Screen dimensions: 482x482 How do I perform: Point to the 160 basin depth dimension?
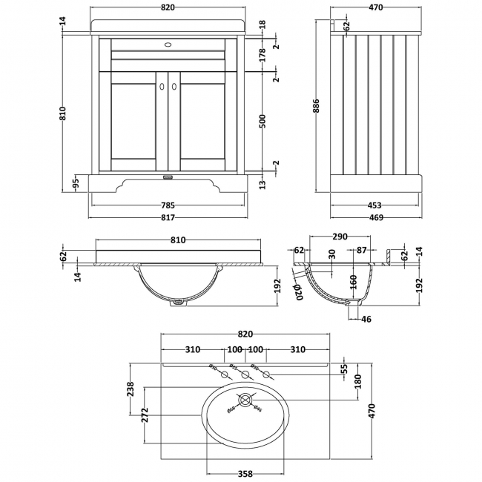pyautogui.click(x=354, y=283)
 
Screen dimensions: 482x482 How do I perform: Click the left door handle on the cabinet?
pyautogui.click(x=161, y=88)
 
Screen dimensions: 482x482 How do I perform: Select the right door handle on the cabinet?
pyautogui.click(x=175, y=88)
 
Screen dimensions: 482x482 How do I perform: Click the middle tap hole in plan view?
pyautogui.click(x=245, y=375)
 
